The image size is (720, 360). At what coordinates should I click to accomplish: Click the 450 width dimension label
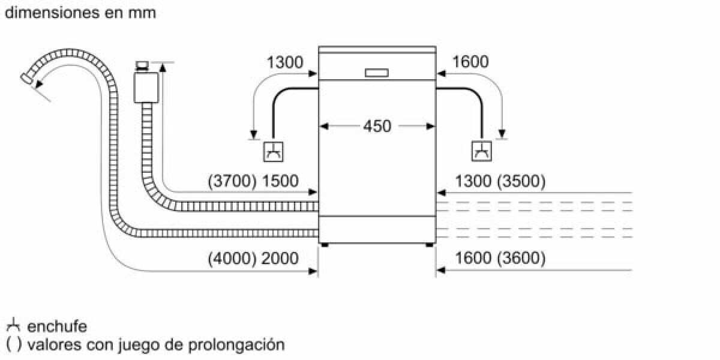(x=377, y=127)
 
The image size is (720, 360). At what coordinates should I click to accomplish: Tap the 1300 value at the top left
(x=285, y=62)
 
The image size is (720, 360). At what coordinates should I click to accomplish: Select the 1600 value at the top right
(x=470, y=62)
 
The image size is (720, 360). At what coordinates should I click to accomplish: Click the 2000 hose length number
(x=281, y=259)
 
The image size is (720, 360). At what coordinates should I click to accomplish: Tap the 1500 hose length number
(x=281, y=181)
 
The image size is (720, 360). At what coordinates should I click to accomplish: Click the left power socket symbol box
(x=274, y=151)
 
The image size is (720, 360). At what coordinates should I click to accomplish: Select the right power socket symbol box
(x=482, y=151)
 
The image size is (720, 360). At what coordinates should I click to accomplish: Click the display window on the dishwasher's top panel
(x=377, y=73)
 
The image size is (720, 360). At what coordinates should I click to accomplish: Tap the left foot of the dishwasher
(x=325, y=244)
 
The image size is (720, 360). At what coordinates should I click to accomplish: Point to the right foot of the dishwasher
(x=430, y=244)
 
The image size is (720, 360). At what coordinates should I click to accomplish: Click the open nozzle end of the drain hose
(x=26, y=77)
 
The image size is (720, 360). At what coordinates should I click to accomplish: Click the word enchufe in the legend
(x=58, y=327)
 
